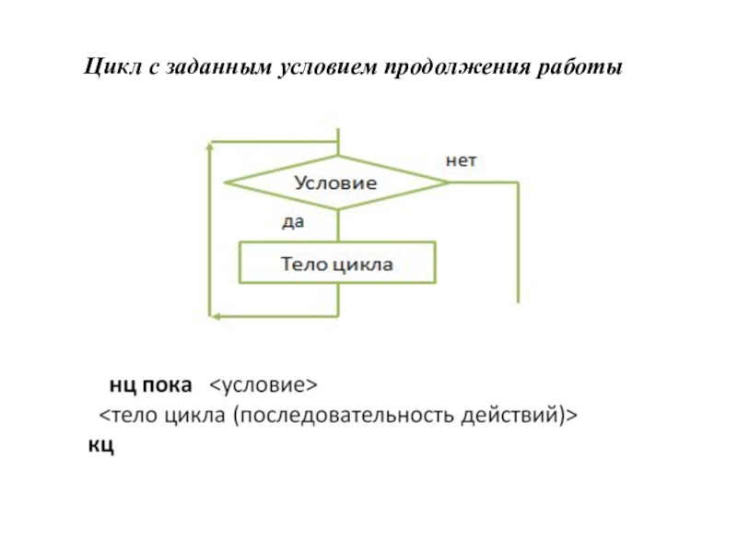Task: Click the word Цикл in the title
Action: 112,66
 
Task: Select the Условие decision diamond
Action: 336,182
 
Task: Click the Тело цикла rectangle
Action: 337,263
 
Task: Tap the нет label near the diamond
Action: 462,160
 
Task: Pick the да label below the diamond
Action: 293,222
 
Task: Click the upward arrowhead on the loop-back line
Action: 210,147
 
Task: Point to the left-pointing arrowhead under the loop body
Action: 215,316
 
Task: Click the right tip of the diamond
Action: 450,182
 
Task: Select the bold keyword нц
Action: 123,385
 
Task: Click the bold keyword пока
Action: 167,385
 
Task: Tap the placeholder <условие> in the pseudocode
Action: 263,385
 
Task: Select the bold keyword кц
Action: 101,445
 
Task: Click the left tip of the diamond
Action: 225,182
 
